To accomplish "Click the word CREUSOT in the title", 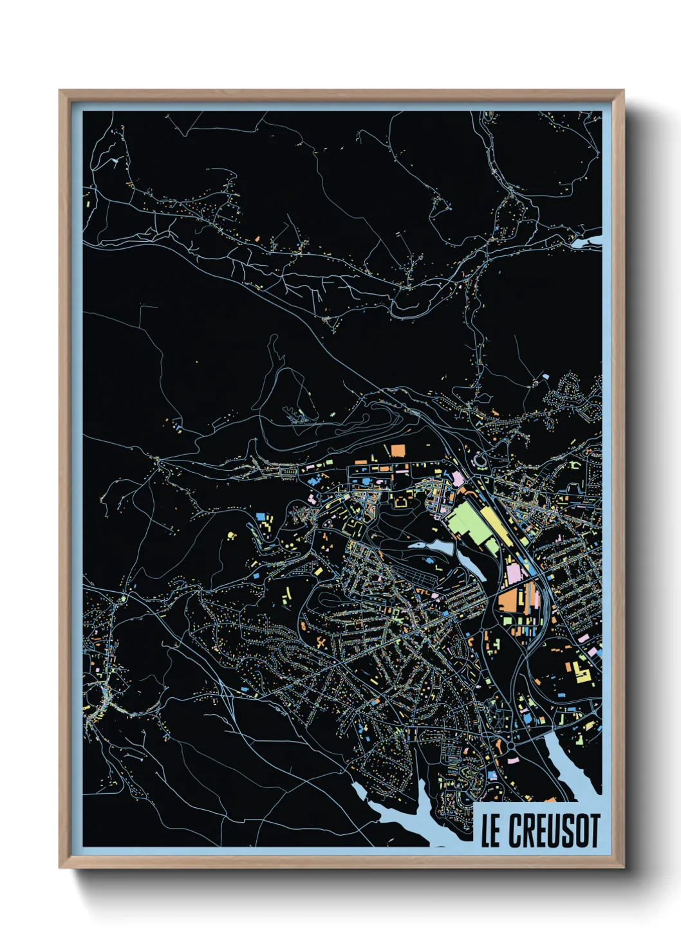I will point(554,830).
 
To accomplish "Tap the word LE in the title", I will point(490,830).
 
